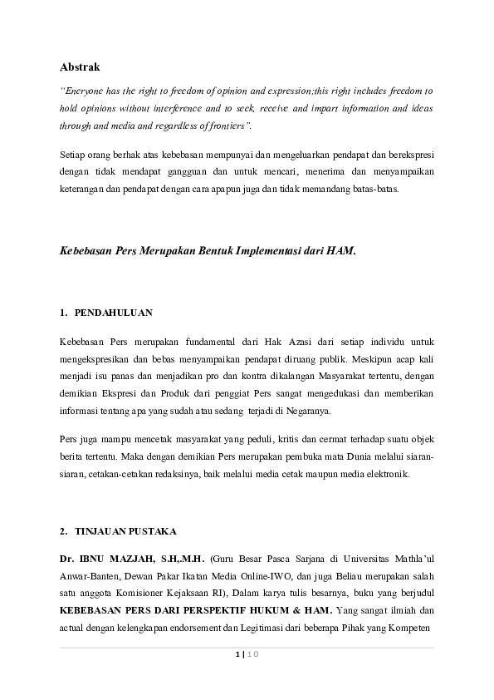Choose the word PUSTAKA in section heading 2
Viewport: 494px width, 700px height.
point(151,530)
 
